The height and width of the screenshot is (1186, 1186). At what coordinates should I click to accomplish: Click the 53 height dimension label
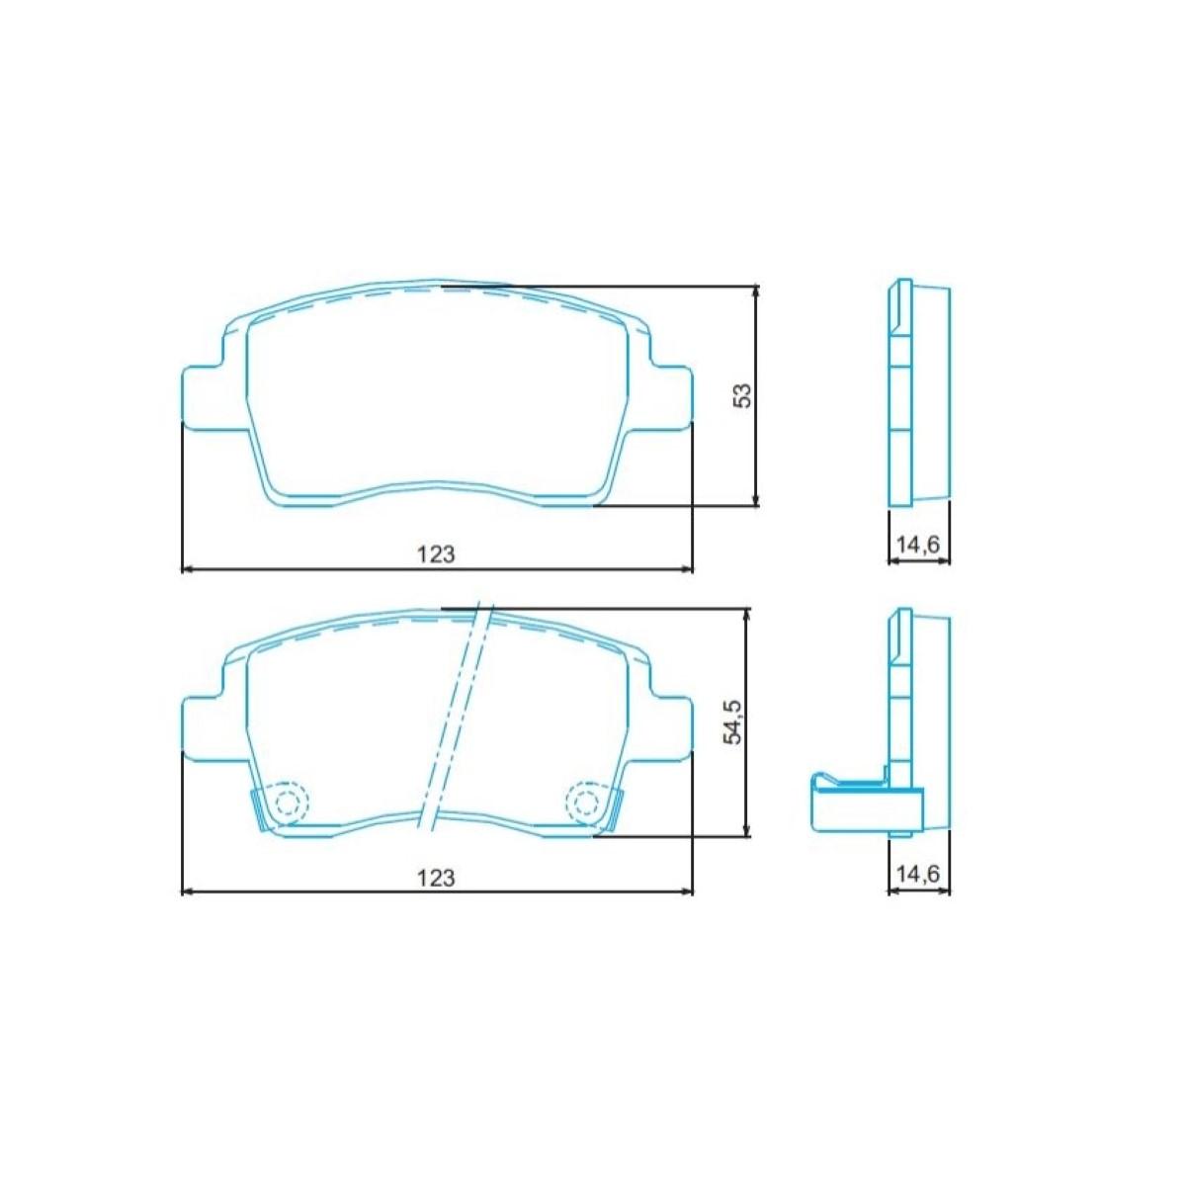[743, 395]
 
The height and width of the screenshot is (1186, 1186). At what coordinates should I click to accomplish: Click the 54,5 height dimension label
[732, 724]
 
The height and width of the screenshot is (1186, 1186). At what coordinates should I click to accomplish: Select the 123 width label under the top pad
[436, 554]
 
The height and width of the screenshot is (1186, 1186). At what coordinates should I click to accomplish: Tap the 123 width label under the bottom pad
[436, 877]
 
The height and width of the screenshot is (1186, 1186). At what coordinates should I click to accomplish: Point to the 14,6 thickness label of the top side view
[918, 545]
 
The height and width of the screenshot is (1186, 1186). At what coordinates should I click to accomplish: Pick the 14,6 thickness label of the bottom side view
[918, 874]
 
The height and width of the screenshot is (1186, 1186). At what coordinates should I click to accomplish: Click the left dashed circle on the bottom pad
[289, 801]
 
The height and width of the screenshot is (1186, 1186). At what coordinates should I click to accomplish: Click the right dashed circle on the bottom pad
[586, 801]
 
